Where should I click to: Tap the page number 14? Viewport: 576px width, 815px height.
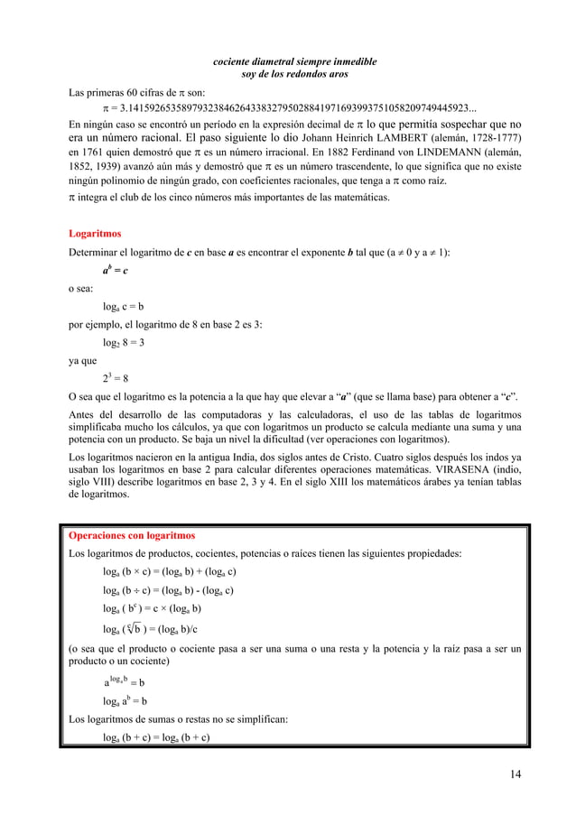515,773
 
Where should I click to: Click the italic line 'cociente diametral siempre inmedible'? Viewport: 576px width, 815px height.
294,61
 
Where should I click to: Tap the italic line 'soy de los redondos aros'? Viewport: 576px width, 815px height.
294,74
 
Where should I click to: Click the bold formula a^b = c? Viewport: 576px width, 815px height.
115,270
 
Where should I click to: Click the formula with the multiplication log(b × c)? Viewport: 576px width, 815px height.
169,572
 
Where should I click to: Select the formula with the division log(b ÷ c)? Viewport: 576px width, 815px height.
168,591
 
